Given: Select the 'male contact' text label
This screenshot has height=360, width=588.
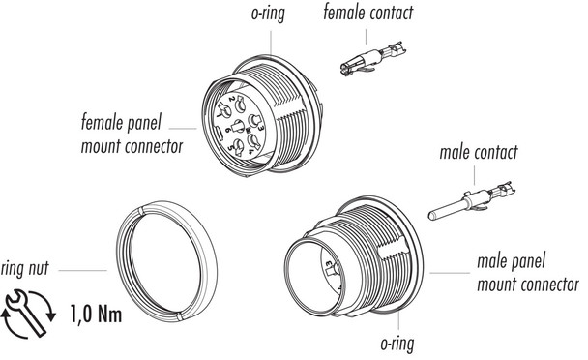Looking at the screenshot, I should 478,152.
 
